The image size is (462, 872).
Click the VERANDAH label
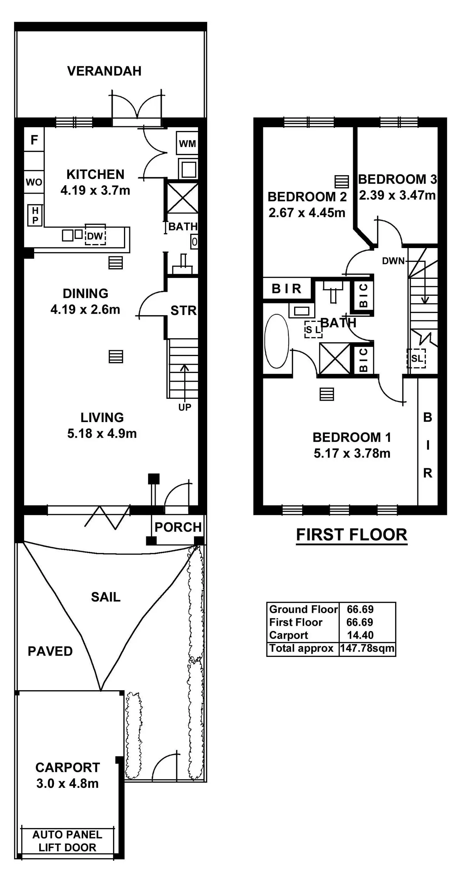pos(104,71)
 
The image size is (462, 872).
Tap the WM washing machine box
pos(187,143)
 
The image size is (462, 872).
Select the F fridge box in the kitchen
pos(34,139)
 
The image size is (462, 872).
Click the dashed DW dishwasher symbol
pos(95,234)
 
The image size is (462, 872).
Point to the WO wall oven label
pos(34,182)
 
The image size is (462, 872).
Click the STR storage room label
pos(183,311)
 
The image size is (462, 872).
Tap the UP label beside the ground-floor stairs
pos(185,407)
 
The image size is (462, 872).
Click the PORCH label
pos(178,527)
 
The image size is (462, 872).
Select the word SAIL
pos(105,597)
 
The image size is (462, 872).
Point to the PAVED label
pos(50,651)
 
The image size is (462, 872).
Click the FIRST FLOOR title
pos(352,535)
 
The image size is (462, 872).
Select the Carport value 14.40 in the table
pos(360,635)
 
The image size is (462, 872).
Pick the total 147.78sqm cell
pos(367,648)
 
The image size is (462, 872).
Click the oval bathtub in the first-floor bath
pos(277,341)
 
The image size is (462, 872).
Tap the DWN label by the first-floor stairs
pos(393,261)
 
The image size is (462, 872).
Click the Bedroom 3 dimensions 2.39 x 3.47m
pos(397,195)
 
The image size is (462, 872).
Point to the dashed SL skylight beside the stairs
pos(416,358)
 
